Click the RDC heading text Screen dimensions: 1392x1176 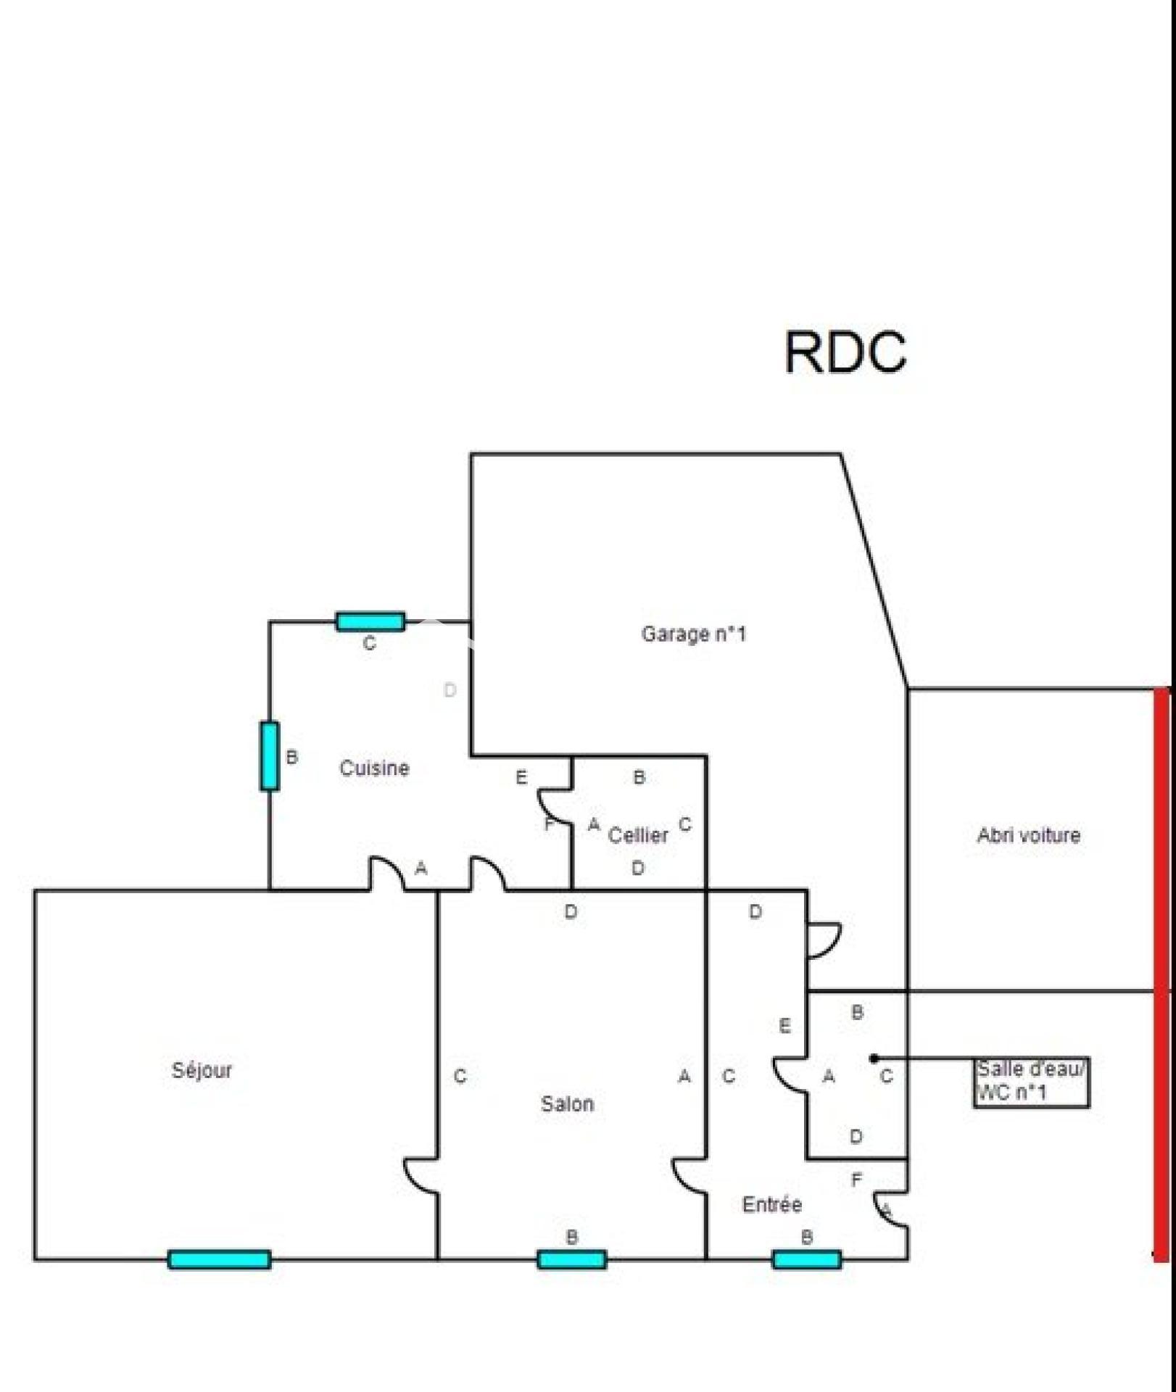845,352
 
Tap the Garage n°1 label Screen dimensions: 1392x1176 693,634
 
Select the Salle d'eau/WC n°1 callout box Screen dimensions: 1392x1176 1030,1081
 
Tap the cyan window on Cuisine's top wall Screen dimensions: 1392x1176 370,621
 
